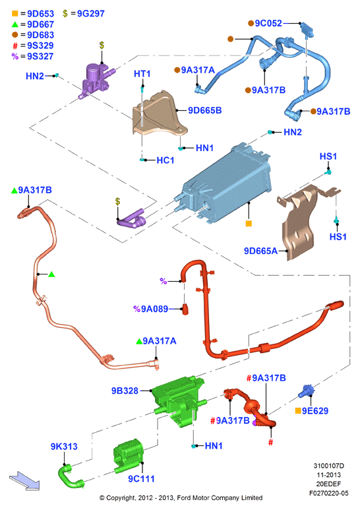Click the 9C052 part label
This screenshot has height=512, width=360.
(268, 23)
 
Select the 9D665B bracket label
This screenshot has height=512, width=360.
(204, 110)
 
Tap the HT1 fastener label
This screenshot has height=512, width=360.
(142, 74)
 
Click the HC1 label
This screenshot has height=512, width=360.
(165, 160)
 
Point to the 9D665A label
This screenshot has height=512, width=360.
(260, 251)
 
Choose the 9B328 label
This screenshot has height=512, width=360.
(125, 391)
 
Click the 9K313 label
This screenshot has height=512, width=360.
(64, 447)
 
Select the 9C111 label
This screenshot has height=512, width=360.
(141, 479)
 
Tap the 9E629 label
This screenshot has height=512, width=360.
(315, 411)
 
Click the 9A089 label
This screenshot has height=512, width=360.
(154, 309)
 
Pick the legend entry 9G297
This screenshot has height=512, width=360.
(91, 14)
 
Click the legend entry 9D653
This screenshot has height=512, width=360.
(40, 14)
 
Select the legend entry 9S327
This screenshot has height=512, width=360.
(40, 56)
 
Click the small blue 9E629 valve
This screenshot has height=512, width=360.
(307, 390)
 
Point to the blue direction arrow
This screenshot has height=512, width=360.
(24, 481)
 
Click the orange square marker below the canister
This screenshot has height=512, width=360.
(249, 224)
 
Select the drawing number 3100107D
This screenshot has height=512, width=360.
(328, 466)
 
